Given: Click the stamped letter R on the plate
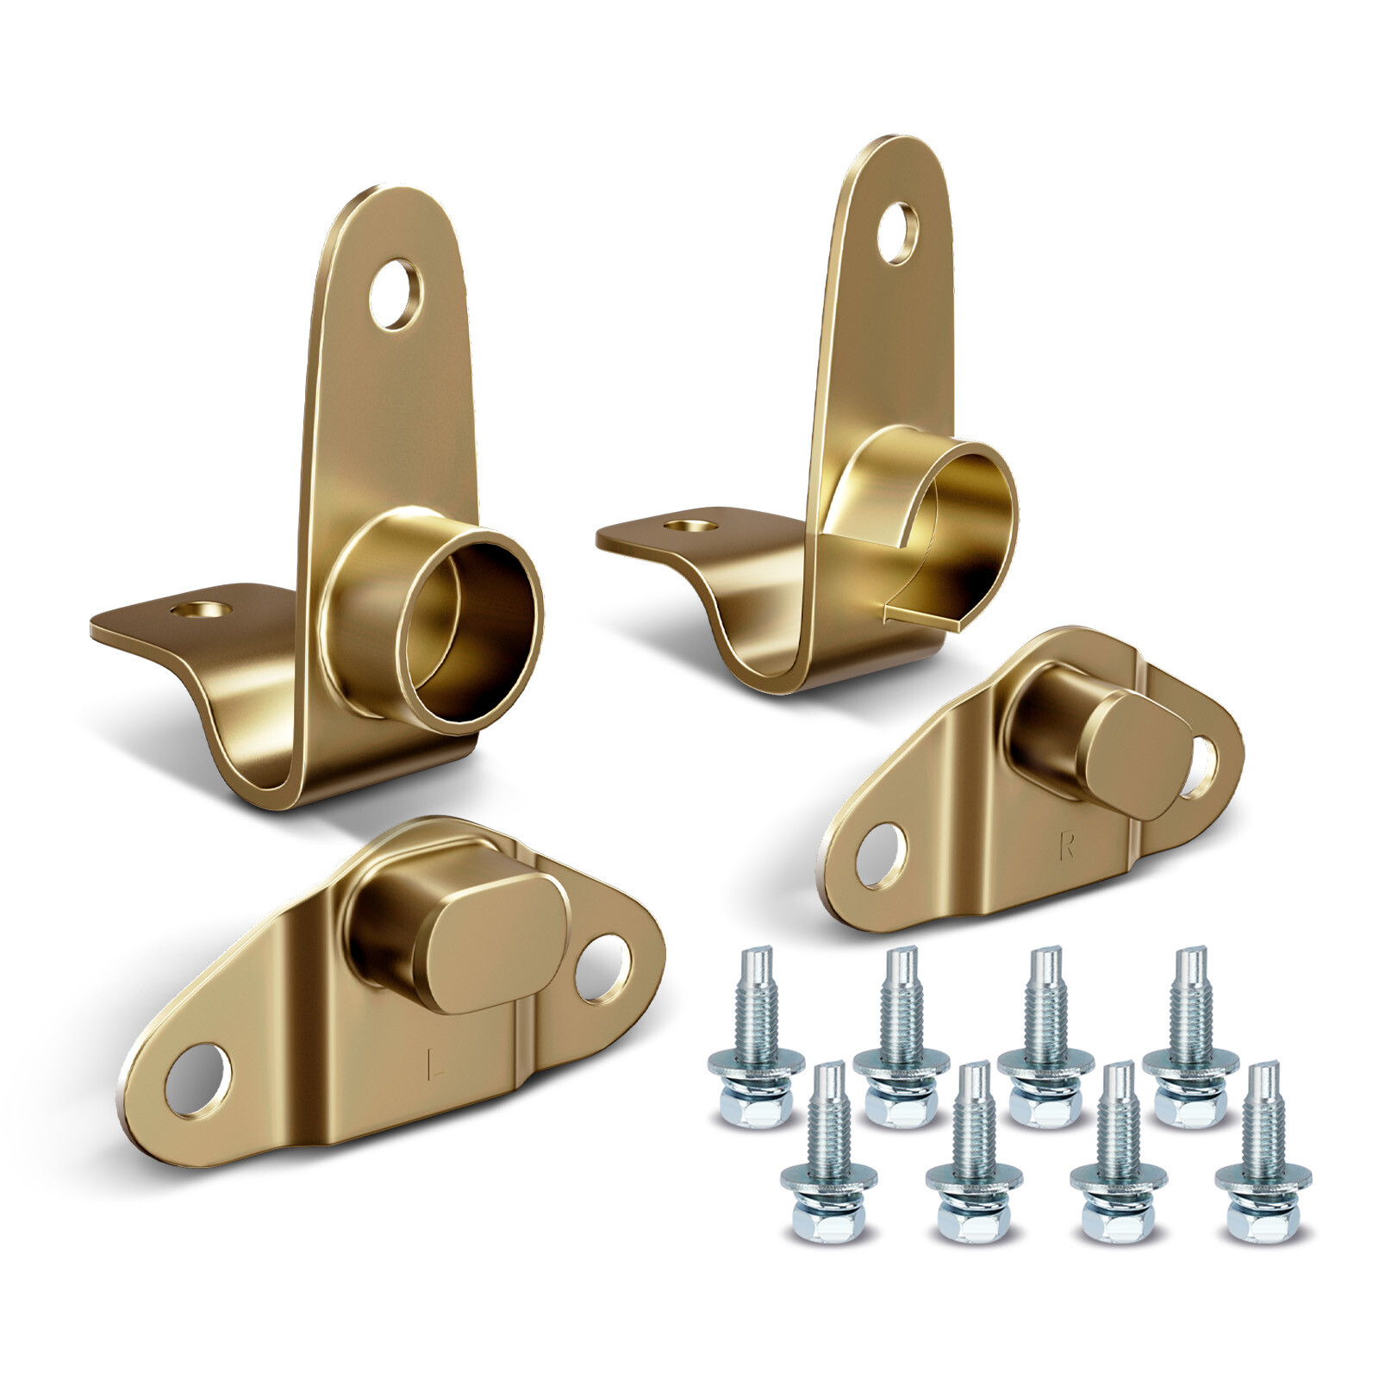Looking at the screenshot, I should [1067, 847].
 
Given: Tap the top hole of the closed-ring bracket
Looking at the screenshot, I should [396, 294].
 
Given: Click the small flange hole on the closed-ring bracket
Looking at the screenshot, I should [202, 609].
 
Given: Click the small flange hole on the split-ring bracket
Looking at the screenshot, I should [690, 523].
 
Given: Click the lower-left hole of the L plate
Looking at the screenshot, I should [199, 1080].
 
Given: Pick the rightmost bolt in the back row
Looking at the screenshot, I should [1190, 1039].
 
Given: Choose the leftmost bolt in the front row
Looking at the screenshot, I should [828, 1155].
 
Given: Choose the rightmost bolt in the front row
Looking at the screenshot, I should [1263, 1155].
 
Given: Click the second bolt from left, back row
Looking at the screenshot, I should [900, 1039].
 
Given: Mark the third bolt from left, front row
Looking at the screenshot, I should [1118, 1155].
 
